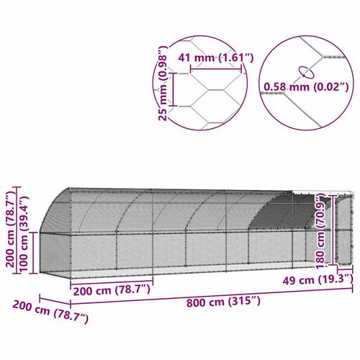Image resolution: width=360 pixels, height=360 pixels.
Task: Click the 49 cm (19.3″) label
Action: point(325,279)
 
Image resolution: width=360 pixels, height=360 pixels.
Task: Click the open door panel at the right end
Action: point(342,227)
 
